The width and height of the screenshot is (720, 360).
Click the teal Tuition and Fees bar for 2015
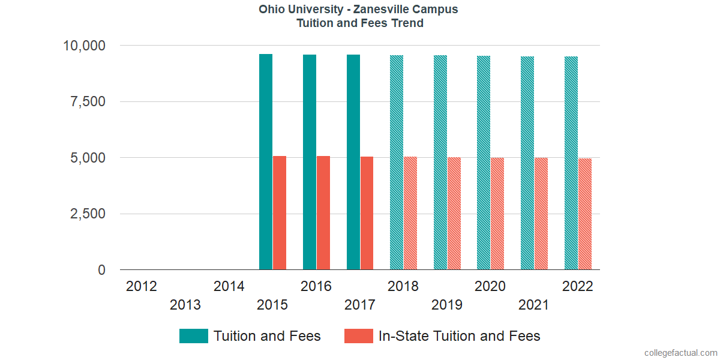tap(266, 162)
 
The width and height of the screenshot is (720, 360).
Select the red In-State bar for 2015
tap(280, 213)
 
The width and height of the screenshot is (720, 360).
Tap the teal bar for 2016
tap(310, 162)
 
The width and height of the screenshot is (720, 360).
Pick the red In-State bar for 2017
tap(367, 213)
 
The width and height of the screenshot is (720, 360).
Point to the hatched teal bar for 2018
tap(397, 163)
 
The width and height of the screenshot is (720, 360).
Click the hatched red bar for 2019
tap(454, 214)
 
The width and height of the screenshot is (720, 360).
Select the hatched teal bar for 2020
tap(484, 163)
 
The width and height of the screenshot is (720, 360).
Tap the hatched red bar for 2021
tap(541, 214)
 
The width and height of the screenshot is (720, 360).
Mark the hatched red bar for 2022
tap(585, 214)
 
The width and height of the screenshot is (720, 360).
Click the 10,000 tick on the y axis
tap(85, 46)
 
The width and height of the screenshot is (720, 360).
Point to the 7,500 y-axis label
tap(88, 102)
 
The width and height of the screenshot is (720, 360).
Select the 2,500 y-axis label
tap(88, 214)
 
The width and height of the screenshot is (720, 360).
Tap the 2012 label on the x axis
tap(142, 286)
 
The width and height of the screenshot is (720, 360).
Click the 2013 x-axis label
tap(185, 305)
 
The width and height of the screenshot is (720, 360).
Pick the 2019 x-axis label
tap(447, 305)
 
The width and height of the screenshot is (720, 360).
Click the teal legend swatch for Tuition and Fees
tap(194, 336)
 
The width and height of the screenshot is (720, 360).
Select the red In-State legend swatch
tap(359, 336)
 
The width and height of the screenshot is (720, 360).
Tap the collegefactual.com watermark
tap(680, 353)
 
